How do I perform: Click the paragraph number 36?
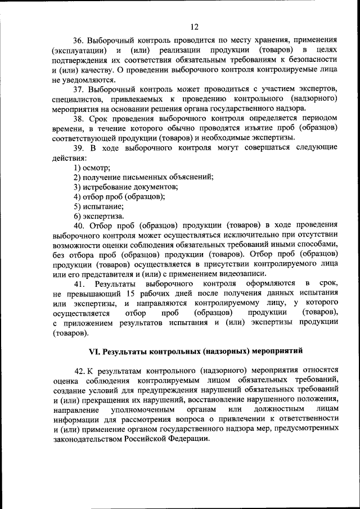(79, 40)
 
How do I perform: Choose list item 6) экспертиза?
(96, 215)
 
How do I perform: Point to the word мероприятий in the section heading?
(278, 352)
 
